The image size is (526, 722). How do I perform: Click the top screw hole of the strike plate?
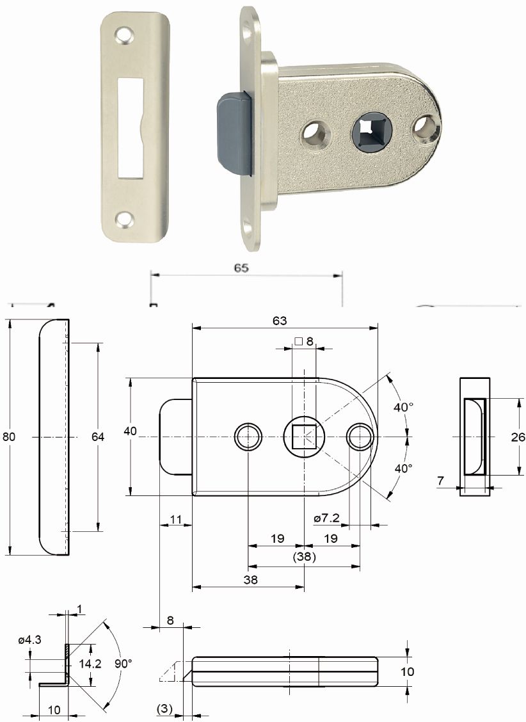pos(124,35)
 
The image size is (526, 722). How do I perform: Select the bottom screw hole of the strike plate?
pos(124,221)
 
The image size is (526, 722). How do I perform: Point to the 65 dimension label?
pos(241,268)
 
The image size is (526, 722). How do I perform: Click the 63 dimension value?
pos(280,321)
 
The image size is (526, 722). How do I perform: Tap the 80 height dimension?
pos(9,437)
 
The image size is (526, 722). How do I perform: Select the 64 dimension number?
pos(97,437)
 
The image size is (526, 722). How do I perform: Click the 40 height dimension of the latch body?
pos(131,431)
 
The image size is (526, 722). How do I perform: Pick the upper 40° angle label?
pos(404,407)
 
